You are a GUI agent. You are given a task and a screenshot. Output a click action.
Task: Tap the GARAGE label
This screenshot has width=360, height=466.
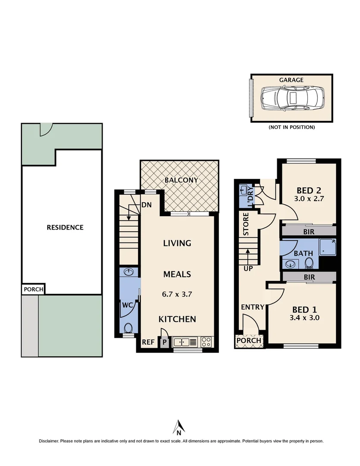(291, 80)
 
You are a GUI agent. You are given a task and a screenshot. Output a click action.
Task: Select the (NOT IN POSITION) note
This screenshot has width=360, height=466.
(291, 127)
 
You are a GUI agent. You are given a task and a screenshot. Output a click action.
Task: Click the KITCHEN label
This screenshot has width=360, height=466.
(177, 319)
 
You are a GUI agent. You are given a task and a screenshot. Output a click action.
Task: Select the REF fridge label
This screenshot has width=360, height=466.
(148, 342)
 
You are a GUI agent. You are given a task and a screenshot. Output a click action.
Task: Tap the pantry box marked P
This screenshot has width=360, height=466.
(164, 343)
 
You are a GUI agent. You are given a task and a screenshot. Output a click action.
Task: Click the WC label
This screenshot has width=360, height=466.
(127, 305)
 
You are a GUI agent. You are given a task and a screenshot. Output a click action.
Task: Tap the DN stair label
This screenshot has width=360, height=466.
(146, 205)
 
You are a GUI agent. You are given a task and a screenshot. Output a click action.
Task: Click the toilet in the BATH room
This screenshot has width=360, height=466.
(308, 263)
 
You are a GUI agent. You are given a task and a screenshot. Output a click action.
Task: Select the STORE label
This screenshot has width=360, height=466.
(246, 224)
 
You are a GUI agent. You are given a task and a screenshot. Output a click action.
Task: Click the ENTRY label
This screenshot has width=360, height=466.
(252, 307)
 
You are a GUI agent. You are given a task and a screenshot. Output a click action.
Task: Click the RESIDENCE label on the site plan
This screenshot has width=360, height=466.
(65, 227)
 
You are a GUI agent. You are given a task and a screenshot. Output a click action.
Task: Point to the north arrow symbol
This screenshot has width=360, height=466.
(178, 427)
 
